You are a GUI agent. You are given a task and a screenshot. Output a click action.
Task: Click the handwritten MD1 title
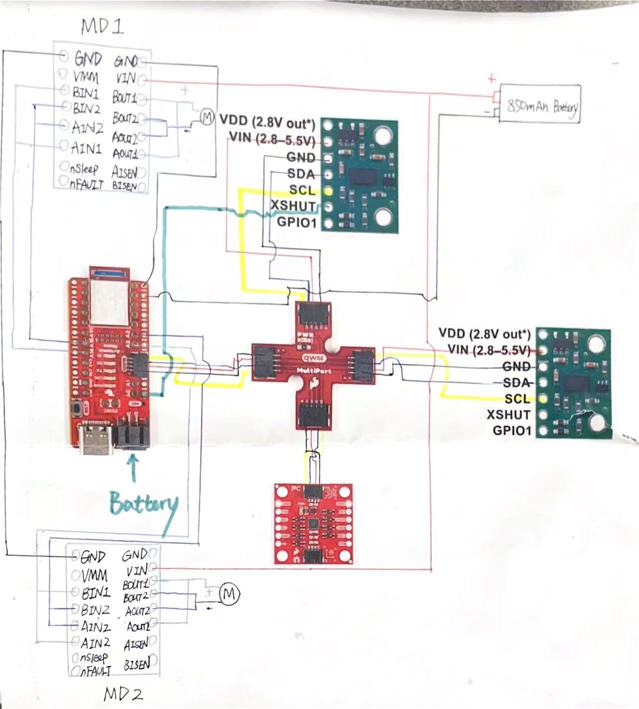tap(102, 26)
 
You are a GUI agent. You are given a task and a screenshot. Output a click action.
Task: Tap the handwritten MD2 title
tap(123, 694)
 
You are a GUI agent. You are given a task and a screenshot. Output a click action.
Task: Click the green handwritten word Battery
tap(143, 504)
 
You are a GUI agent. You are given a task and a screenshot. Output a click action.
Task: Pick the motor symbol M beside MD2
tap(229, 594)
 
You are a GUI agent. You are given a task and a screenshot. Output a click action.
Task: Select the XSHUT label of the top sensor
tap(293, 206)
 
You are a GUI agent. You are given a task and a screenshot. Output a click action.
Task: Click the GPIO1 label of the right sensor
tap(511, 430)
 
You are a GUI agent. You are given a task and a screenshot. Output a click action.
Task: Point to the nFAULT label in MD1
tap(86, 184)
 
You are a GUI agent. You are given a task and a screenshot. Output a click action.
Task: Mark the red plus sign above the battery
tap(492, 78)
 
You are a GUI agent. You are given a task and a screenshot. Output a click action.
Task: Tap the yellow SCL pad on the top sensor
tap(328, 190)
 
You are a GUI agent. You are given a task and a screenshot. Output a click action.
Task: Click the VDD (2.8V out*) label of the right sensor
tap(484, 333)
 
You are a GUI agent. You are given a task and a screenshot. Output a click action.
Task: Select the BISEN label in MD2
tap(136, 664)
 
